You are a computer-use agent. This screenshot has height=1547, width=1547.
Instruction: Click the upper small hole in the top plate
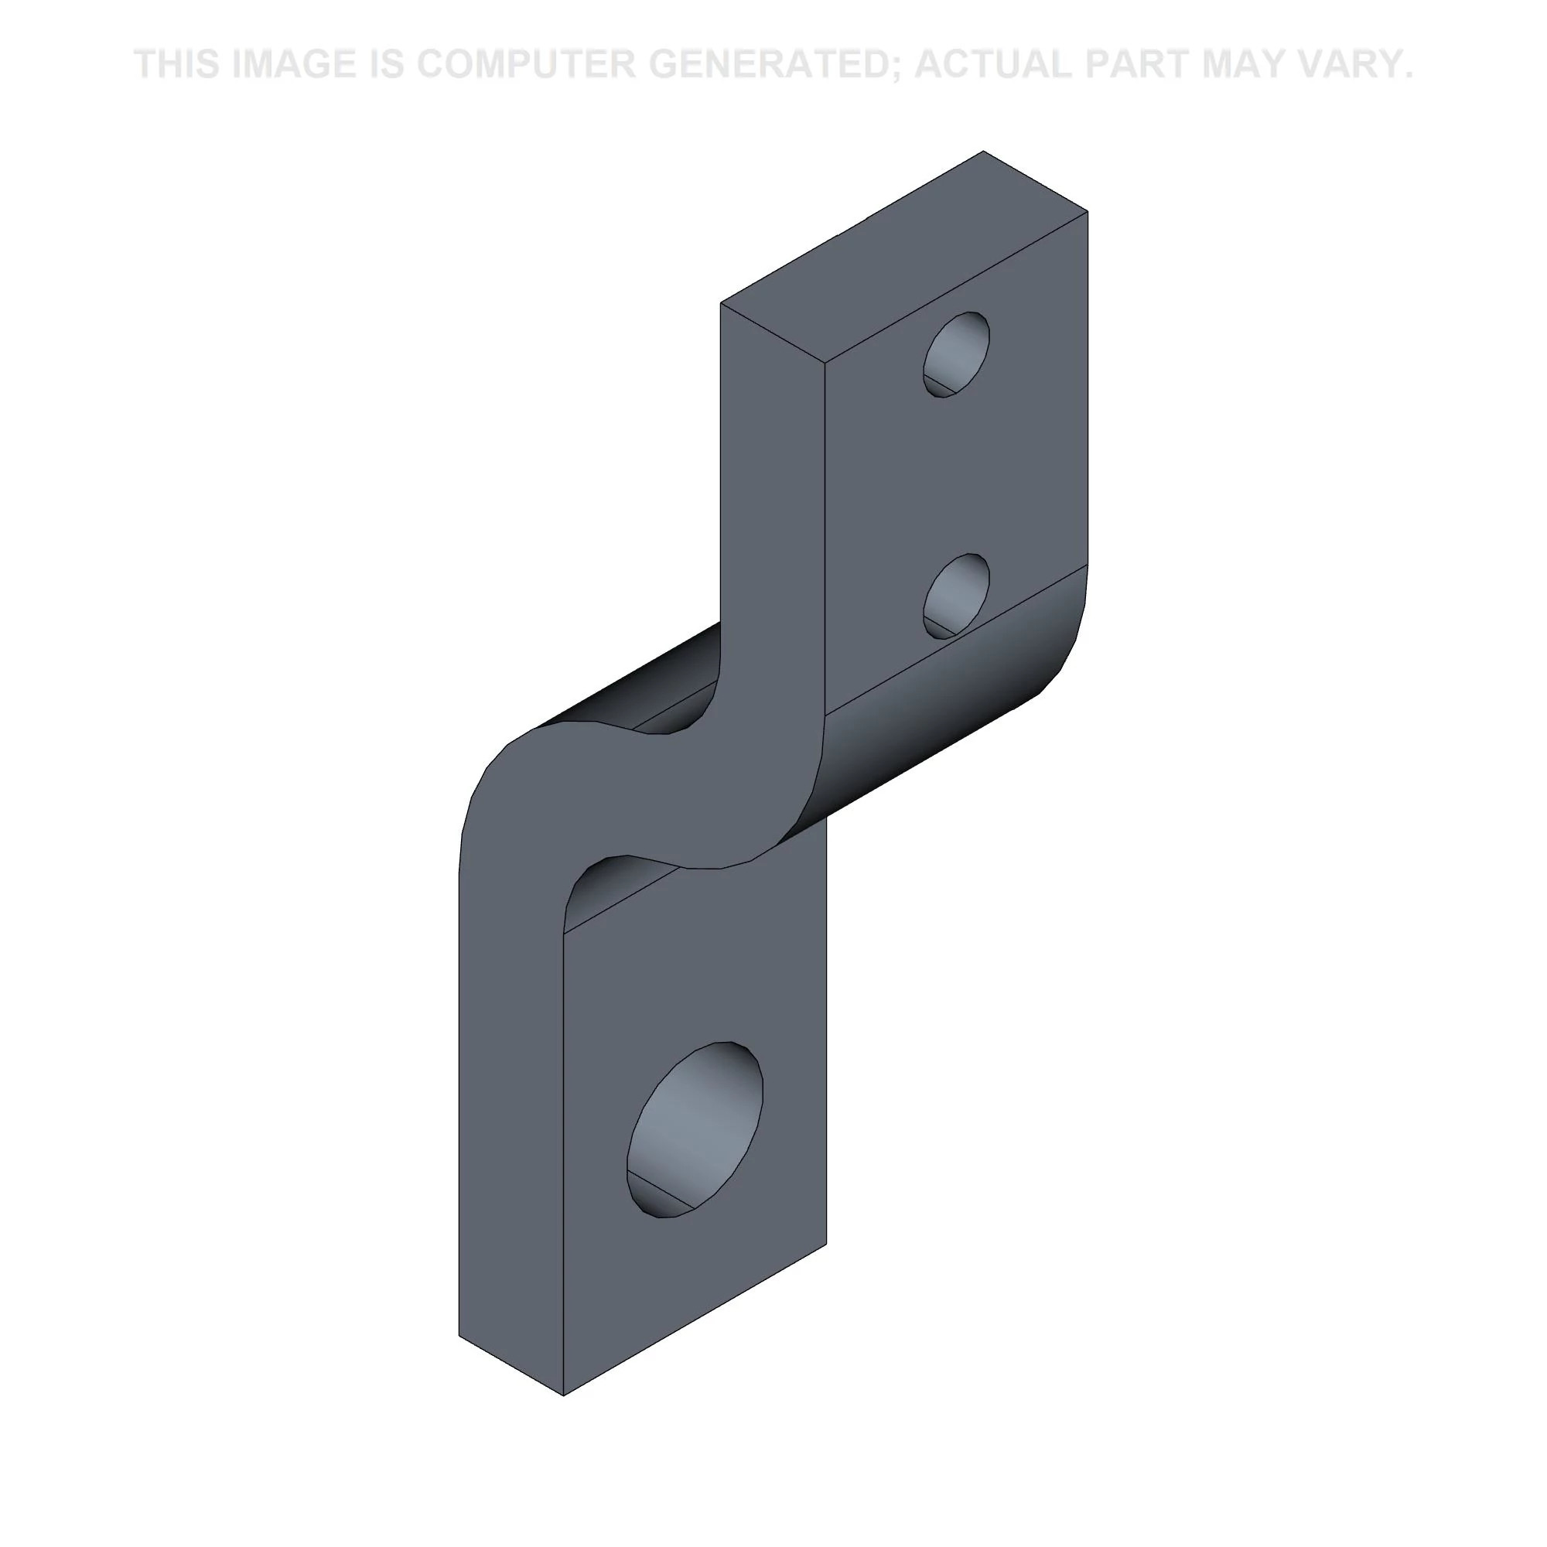point(956,355)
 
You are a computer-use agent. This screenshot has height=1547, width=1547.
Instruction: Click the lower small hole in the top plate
point(956,596)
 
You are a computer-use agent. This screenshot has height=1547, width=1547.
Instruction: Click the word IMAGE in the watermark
point(292,64)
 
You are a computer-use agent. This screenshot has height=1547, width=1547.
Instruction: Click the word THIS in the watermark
point(177,64)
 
